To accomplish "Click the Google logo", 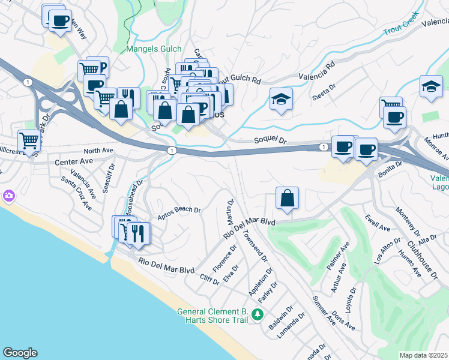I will coord(20,353).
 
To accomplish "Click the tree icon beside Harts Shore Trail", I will coord(257,314).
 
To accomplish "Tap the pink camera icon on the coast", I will coord(8,196).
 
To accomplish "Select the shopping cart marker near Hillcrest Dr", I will coord(29,141).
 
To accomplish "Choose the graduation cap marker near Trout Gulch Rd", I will coord(280,99).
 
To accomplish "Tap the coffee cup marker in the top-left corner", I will coord(59,21).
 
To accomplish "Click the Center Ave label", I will coord(74,161).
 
